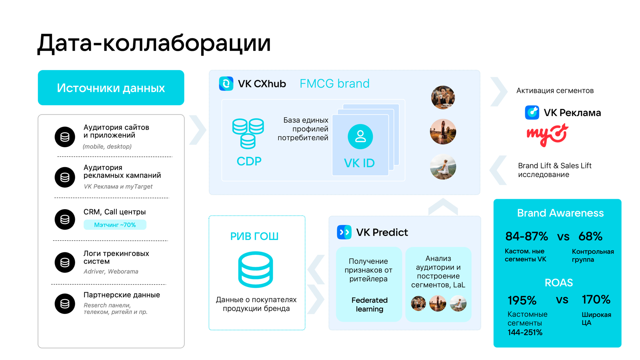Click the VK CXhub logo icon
[226, 84]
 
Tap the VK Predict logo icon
[344, 232]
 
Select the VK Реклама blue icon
[532, 112]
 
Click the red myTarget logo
[547, 135]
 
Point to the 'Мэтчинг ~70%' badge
[115, 225]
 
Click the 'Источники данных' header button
[111, 88]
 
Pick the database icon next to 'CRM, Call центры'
[65, 220]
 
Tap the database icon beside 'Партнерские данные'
[65, 304]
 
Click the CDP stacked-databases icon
[248, 134]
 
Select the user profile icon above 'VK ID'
[360, 136]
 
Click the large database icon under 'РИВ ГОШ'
[256, 269]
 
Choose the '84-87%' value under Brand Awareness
[526, 236]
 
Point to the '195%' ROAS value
[522, 300]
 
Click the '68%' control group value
[590, 236]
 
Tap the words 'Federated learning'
[370, 304]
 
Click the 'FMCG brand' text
[334, 84]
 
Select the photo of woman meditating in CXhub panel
[443, 167]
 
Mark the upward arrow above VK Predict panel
[443, 206]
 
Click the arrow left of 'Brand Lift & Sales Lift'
[498, 170]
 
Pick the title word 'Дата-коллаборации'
[154, 44]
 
